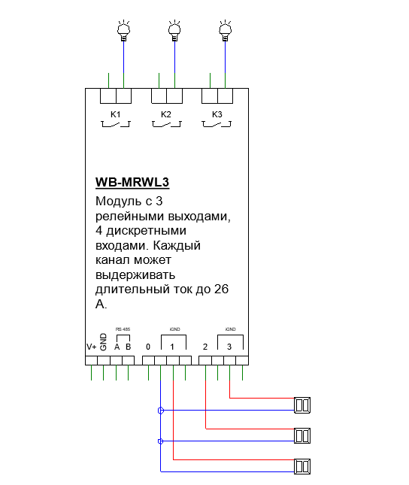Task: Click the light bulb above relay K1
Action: [123, 31]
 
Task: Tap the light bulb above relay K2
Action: [174, 31]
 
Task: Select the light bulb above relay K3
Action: [226, 31]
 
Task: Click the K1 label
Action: [115, 114]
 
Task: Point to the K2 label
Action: [166, 114]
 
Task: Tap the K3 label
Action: [217, 114]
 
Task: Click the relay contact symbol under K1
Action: [116, 124]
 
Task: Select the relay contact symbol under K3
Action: [217, 124]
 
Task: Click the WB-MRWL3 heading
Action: [132, 182]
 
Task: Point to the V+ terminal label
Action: [92, 347]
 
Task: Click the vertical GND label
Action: [104, 342]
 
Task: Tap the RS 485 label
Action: [123, 329]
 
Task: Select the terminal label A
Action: [117, 347]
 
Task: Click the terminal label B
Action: [129, 347]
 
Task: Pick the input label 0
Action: [148, 347]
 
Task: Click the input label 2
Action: [205, 347]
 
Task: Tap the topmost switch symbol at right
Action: [302, 405]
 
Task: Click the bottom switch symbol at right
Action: [302, 466]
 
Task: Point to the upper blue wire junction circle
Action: [161, 411]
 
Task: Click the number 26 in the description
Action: [221, 289]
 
